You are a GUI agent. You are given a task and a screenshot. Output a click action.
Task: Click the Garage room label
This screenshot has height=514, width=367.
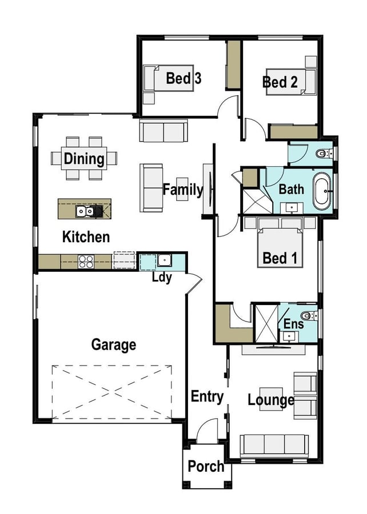coord(114,345)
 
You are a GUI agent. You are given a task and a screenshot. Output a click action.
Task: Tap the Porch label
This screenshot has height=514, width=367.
coord(206,466)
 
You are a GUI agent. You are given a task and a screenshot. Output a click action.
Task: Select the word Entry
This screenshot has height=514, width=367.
coord(207,397)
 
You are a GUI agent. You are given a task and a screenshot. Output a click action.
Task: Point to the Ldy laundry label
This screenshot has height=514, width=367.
coord(162,278)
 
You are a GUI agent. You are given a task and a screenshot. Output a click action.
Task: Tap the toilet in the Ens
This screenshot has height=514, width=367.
coord(308,316)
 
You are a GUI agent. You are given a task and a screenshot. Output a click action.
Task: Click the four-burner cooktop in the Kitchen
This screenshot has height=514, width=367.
coord(86,262)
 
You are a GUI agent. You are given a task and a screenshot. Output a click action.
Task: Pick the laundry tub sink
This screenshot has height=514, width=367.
coord(164,260)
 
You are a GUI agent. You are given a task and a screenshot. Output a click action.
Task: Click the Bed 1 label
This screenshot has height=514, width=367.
coord(280,258)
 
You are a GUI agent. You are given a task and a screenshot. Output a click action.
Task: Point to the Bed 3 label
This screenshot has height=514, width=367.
coord(183,78)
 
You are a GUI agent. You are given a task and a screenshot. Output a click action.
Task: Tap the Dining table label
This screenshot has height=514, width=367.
coord(84,159)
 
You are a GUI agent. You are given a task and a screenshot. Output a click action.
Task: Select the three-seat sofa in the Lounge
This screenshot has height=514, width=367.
coord(274,446)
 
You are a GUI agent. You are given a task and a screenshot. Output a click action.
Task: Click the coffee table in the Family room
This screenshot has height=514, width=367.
coord(182,189)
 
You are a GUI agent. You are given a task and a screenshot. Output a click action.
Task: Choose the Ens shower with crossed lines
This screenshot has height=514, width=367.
coord(266,324)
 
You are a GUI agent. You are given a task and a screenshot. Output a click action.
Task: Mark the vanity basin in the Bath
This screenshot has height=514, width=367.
coord(292,208)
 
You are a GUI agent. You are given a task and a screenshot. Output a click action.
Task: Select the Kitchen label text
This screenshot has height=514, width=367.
coord(86,237)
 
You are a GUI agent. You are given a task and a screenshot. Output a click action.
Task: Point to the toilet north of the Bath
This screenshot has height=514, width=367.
coord(324,153)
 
